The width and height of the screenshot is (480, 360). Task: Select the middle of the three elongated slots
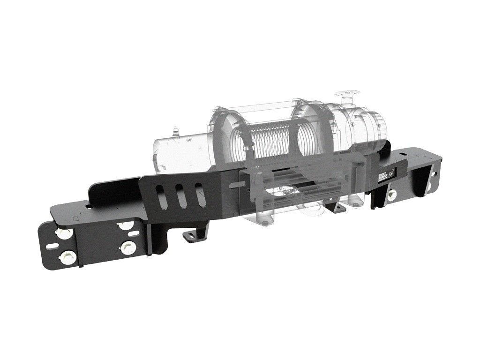pyautogui.click(x=178, y=194)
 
